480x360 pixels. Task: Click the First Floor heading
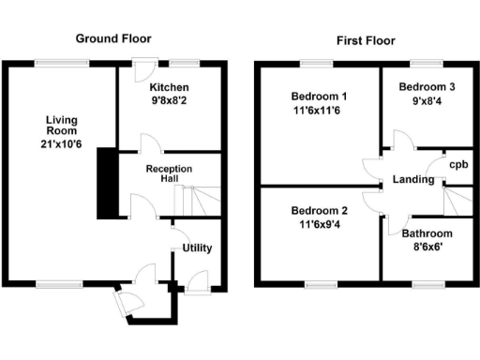365,40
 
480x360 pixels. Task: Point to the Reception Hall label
169,173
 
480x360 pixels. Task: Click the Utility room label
197,248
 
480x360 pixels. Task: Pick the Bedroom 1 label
318,97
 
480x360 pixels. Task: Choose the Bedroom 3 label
427,87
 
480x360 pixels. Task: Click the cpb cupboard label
458,165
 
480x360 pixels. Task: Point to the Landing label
412,178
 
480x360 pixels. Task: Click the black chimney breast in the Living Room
108,183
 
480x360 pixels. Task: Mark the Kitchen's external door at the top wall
142,69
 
